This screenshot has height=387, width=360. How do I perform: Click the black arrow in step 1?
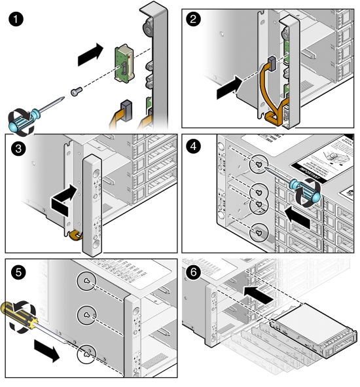(x=90, y=56)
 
